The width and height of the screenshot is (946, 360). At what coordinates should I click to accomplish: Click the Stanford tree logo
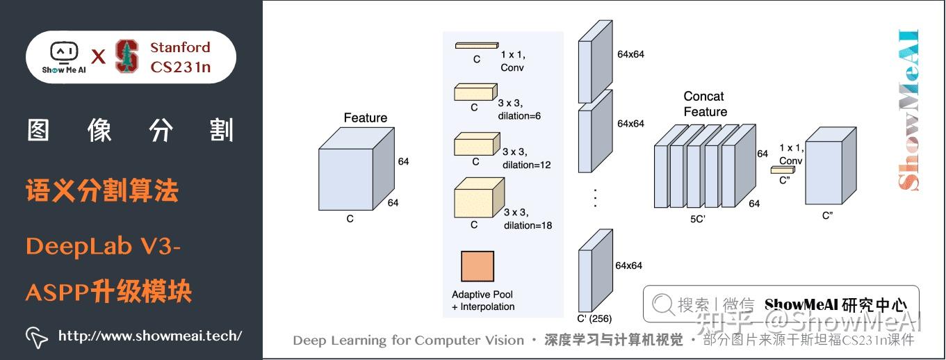pyautogui.click(x=127, y=56)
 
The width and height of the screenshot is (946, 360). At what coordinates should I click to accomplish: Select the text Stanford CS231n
pyautogui.click(x=180, y=57)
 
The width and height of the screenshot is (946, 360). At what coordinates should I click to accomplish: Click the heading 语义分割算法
pyautogui.click(x=102, y=190)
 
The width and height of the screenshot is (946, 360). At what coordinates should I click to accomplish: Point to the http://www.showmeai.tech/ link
pyautogui.click(x=149, y=336)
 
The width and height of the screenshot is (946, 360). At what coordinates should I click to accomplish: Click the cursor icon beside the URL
pyautogui.click(x=36, y=336)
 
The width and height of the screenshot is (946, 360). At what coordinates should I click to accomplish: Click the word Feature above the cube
pyautogui.click(x=365, y=118)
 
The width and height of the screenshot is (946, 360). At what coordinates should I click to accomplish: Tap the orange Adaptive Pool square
pyautogui.click(x=477, y=266)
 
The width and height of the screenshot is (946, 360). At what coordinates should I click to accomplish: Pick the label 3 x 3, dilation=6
pyautogui.click(x=520, y=110)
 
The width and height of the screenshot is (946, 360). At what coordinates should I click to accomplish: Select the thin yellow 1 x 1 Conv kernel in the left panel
pyautogui.click(x=476, y=46)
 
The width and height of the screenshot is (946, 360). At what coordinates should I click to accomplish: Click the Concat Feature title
pyautogui.click(x=705, y=104)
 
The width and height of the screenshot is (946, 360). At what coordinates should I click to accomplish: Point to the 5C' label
pyautogui.click(x=698, y=218)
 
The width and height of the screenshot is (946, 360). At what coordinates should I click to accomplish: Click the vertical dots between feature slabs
pyautogui.click(x=595, y=197)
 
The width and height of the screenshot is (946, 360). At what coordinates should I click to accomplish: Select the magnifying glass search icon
pyautogui.click(x=662, y=304)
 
